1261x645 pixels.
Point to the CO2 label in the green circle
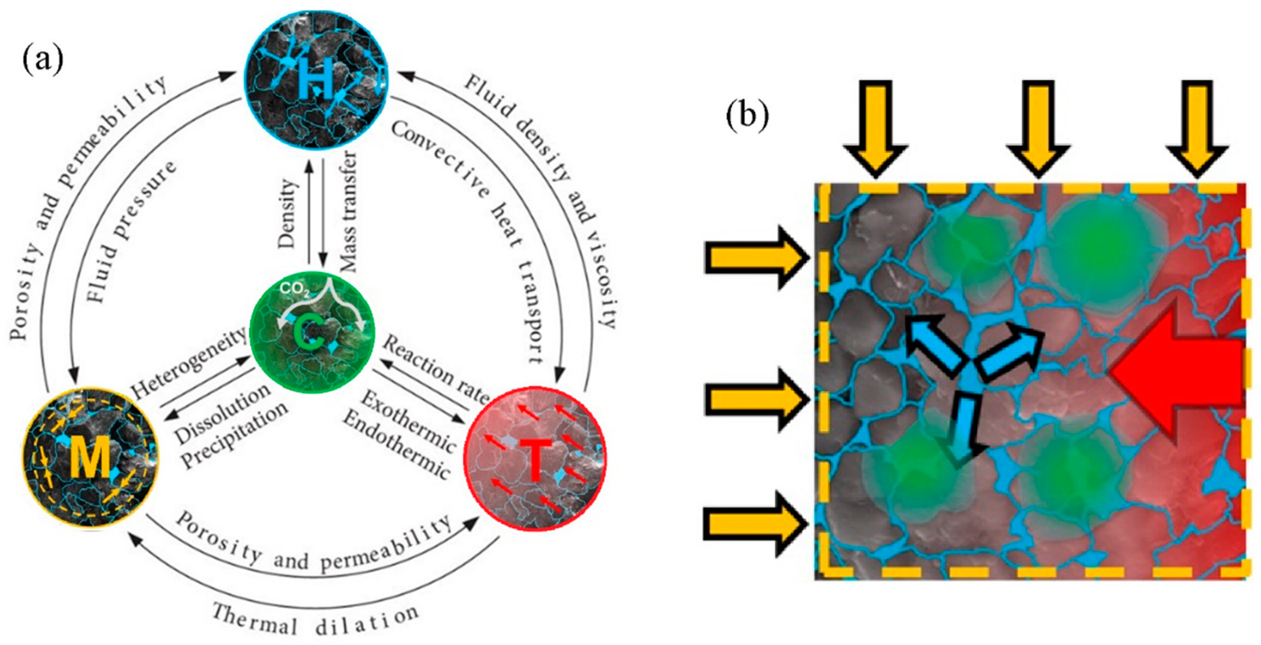pos(295,291)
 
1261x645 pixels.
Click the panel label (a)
pos(43,61)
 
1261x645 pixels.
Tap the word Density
pos(288,213)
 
